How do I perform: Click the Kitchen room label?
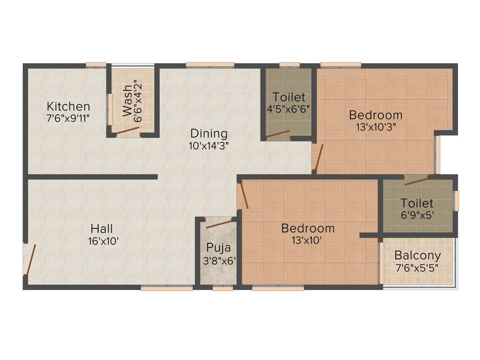pos(68,106)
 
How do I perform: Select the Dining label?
pos(209,134)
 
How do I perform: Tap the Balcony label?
pos(417,255)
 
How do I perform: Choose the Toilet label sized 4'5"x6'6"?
pos(289,97)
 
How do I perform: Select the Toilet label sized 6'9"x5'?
pos(417,203)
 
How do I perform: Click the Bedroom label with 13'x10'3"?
pos(375,114)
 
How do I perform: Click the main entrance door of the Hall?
pos(30,259)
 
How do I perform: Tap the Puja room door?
pos(219,224)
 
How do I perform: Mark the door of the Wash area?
pos(127,131)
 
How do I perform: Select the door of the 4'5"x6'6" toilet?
pos(277,135)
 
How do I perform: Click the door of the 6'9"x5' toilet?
pos(416,181)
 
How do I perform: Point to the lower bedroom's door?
pos(243,195)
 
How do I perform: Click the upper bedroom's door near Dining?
pos(318,158)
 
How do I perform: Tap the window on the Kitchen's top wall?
pos(96,65)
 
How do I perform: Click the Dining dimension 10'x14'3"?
pos(209,145)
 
